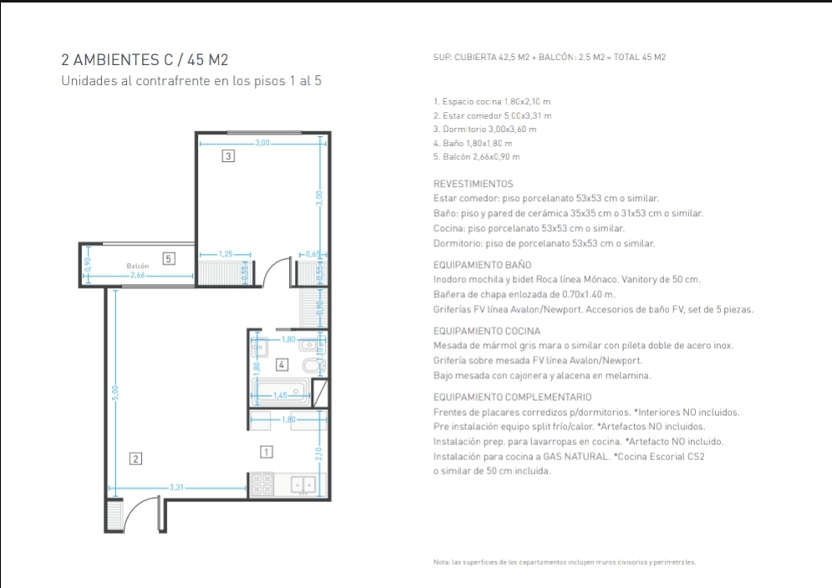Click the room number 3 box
pos(228,156)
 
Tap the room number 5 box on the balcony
pos(169,258)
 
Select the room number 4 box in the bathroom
pos(282,365)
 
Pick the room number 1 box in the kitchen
pos(266,452)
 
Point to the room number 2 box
pos(136,459)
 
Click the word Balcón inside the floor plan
pos(138,266)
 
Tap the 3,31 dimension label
pos(176,487)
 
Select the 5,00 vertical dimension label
pos(115,393)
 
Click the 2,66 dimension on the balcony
pos(138,275)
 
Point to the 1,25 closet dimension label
pos(226,254)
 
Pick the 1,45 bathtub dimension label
pos(280,395)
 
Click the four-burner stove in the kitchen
pos(261,484)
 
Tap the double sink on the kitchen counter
pos(303,484)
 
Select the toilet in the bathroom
pos(312,366)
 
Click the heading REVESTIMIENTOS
pos(474,184)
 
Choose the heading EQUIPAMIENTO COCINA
pos(486,331)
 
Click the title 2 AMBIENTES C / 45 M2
pos(145,60)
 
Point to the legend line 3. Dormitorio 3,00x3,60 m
pos(484,129)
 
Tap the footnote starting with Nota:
pos(564,562)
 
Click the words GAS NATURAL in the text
pos(576,456)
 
